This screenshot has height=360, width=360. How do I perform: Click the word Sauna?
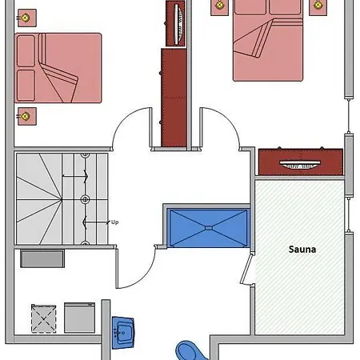coord(302,249)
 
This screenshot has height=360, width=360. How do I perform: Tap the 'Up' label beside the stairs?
coord(114,222)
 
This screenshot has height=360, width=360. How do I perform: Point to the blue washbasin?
coord(123,331)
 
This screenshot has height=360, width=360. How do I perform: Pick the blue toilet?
coord(190,350)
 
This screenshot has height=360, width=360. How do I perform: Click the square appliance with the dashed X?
coord(45,318)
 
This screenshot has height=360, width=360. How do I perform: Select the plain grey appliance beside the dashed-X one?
coord(80,318)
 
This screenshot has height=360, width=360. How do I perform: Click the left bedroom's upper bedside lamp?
coord(26,17)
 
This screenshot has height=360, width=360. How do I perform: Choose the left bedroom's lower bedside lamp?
coord(27,116)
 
